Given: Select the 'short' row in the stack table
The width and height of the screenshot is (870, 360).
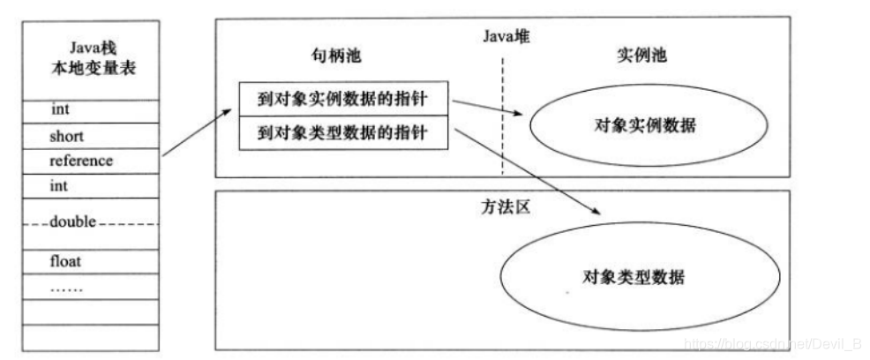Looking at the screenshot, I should click(x=87, y=137).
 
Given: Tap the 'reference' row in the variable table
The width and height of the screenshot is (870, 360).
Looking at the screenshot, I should click(x=87, y=161).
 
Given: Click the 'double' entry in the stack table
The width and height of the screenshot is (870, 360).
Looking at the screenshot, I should click(x=87, y=222).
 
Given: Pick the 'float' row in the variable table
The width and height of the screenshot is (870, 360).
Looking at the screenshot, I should click(x=87, y=261).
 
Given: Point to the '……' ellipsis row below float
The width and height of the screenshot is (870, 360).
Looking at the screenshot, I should click(x=87, y=287).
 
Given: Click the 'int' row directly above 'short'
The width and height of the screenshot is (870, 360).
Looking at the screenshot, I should click(x=87, y=111).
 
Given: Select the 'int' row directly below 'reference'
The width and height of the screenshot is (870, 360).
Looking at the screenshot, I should click(x=87, y=186).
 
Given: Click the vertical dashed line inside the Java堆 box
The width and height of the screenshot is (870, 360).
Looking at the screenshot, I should click(x=504, y=115).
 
